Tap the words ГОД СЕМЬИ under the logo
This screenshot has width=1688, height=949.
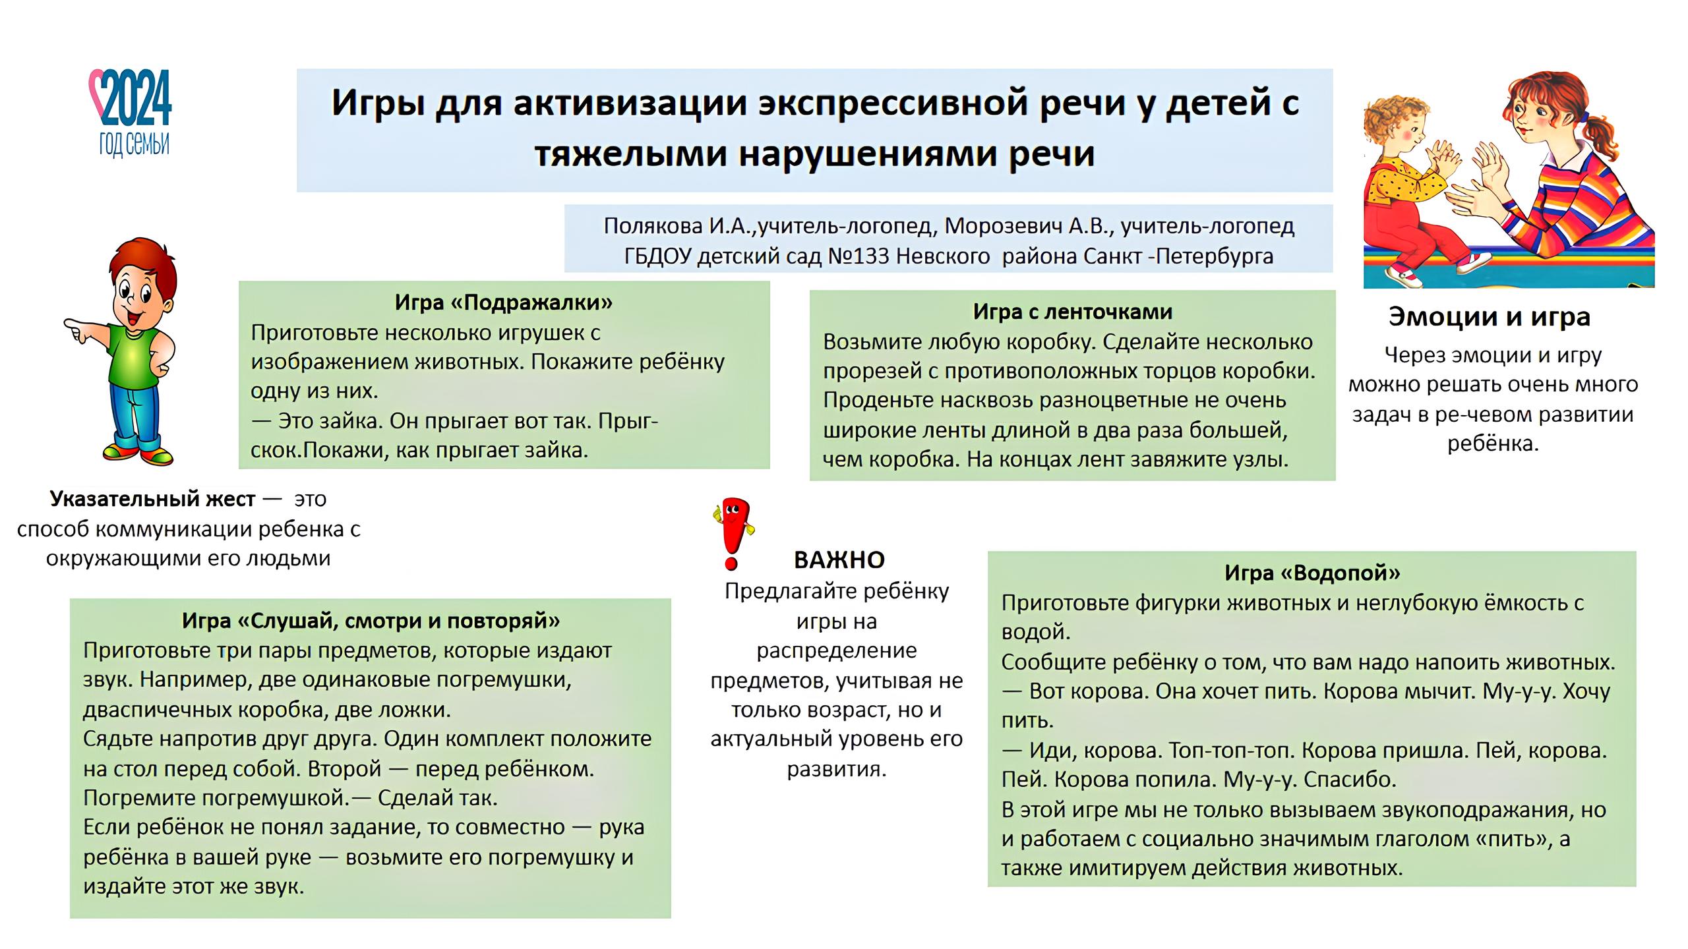coord(135,144)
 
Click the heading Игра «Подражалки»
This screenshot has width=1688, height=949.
coord(504,302)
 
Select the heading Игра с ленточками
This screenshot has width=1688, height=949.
coord(1072,311)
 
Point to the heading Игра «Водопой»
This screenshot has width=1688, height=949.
coord(1312,573)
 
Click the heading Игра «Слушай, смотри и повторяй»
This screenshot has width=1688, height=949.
coord(371,620)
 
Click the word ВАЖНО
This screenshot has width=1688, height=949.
coord(839,560)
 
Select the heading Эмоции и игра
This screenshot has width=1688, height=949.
coord(1489,317)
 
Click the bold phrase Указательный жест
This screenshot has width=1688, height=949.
coord(152,499)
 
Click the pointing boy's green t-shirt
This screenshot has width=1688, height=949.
coord(135,359)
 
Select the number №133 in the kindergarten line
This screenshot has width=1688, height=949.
coord(857,256)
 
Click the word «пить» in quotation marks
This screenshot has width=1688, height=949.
coord(1517,839)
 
